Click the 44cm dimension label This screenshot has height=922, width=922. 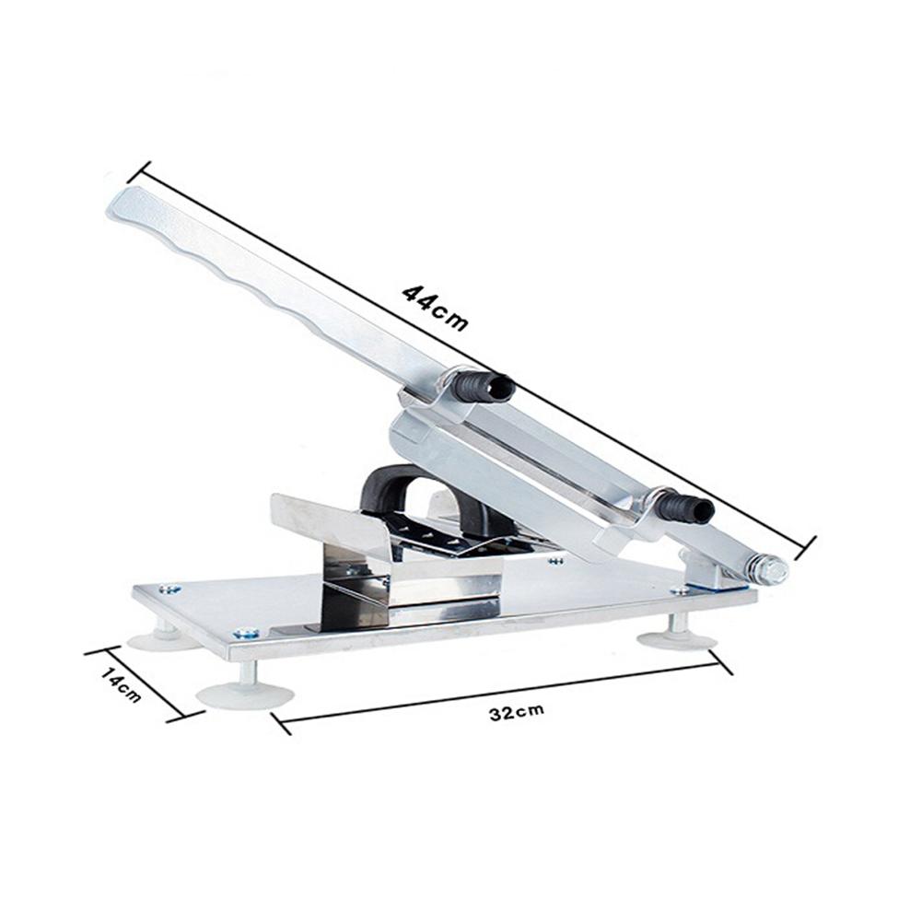[x=435, y=306]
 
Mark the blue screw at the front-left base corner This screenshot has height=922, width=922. [x=244, y=633]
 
